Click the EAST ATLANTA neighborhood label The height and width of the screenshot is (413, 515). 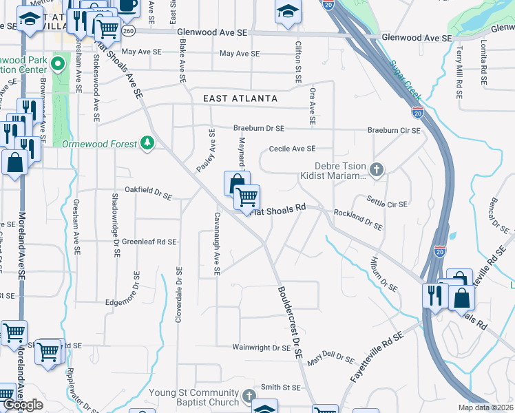(240, 98)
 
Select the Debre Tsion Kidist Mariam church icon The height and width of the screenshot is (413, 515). (376, 169)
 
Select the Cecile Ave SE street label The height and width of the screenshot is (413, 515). (292, 149)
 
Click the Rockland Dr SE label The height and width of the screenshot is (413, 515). (357, 219)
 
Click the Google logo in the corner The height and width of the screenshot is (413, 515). (23, 405)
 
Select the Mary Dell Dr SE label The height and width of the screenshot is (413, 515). (330, 360)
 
